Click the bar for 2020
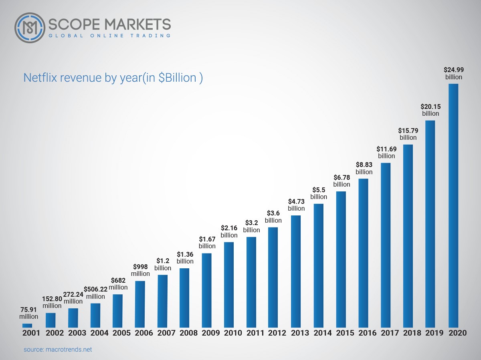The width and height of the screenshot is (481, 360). [x=453, y=205]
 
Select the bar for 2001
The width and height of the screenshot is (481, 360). [x=27, y=325]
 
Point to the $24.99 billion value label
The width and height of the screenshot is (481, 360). [x=454, y=73]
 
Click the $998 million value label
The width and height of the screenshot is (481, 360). [x=140, y=270]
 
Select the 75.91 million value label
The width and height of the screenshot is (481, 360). [x=28, y=313]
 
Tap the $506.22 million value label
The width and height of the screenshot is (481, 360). [x=95, y=293]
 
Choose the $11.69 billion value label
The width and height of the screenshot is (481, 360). [x=386, y=153]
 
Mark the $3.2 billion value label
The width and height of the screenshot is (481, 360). [x=252, y=227]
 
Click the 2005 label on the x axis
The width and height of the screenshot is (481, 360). [x=117, y=333]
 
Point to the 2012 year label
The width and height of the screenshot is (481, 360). [x=274, y=333]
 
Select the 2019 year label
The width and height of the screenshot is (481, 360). [x=431, y=333]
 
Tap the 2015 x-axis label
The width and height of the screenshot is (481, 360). [x=341, y=333]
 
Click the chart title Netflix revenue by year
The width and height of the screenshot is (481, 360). [x=113, y=77]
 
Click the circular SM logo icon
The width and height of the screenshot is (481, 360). [x=30, y=28]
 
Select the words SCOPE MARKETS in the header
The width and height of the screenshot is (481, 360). [x=109, y=24]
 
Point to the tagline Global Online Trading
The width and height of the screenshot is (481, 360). [x=109, y=36]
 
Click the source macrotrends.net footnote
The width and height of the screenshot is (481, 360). [x=58, y=349]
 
